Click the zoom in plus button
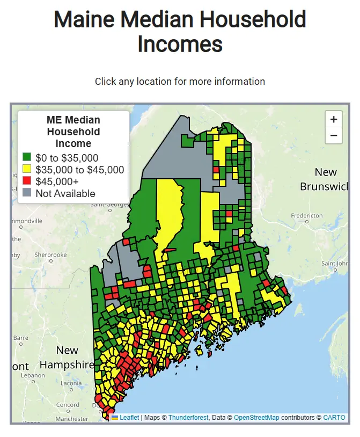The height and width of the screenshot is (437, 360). [x=334, y=119]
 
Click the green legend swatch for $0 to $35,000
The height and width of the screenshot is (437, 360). [x=27, y=158]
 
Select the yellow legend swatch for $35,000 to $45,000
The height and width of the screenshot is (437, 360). [x=27, y=170]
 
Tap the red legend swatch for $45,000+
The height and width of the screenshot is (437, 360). [x=27, y=181]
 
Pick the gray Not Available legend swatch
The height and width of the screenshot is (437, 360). [x=27, y=193]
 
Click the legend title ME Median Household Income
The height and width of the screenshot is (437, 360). [x=74, y=132]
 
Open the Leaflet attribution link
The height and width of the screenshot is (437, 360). [x=129, y=418]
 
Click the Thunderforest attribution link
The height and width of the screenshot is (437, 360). [x=188, y=418]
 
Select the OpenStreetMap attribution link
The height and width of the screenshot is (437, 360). [x=256, y=418]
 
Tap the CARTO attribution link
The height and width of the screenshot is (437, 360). [x=334, y=418]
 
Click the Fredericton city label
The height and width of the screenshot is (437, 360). [x=307, y=215]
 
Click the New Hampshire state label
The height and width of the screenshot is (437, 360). [x=67, y=358]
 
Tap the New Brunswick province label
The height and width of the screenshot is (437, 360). [x=324, y=179]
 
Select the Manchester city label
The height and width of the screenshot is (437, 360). [x=71, y=419]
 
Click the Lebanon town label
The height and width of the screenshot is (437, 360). [x=33, y=375]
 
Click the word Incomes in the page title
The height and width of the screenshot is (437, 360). [x=180, y=43]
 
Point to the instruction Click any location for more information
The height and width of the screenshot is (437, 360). [x=180, y=82]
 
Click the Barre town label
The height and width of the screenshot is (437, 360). [x=20, y=338]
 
